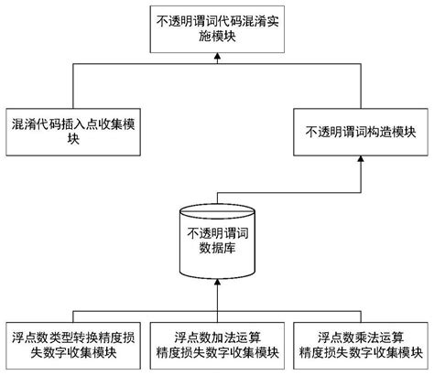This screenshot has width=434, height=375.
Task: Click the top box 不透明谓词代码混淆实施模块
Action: coord(217,27)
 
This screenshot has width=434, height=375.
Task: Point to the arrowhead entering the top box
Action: coord(217,57)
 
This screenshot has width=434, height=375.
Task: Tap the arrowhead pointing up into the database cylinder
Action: coord(217,285)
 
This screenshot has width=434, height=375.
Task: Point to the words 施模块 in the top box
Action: coord(217,36)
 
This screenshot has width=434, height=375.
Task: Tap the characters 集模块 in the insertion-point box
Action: coord(27,139)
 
